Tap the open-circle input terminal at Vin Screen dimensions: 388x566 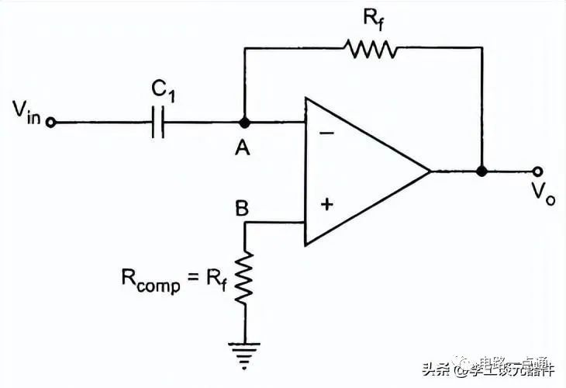coord(51,123)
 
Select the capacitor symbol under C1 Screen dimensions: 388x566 coord(158,123)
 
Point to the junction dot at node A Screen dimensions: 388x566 coord(244,123)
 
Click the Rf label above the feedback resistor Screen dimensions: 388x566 coord(372,19)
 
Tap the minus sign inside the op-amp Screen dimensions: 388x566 coord(326,133)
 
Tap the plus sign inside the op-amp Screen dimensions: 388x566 coord(326,204)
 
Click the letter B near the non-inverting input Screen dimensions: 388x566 coord(242,209)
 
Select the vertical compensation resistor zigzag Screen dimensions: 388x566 coord(245,278)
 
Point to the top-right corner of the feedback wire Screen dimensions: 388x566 coord(481,48)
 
